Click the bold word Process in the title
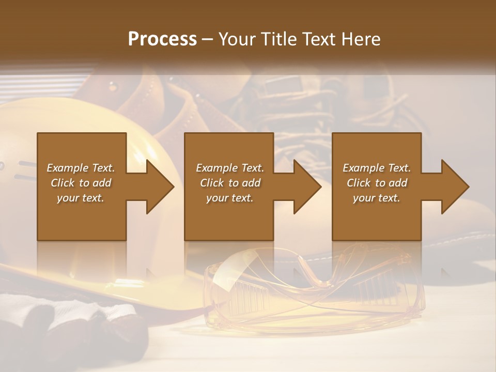(162, 39)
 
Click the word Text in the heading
(323, 39)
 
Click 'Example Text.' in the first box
(81, 168)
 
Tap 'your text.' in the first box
(81, 198)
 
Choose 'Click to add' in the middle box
(230, 183)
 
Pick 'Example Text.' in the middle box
(230, 168)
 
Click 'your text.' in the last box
(377, 198)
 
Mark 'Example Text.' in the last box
(377, 168)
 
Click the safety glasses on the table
(310, 295)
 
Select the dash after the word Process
(208, 40)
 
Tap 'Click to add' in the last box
(377, 183)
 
